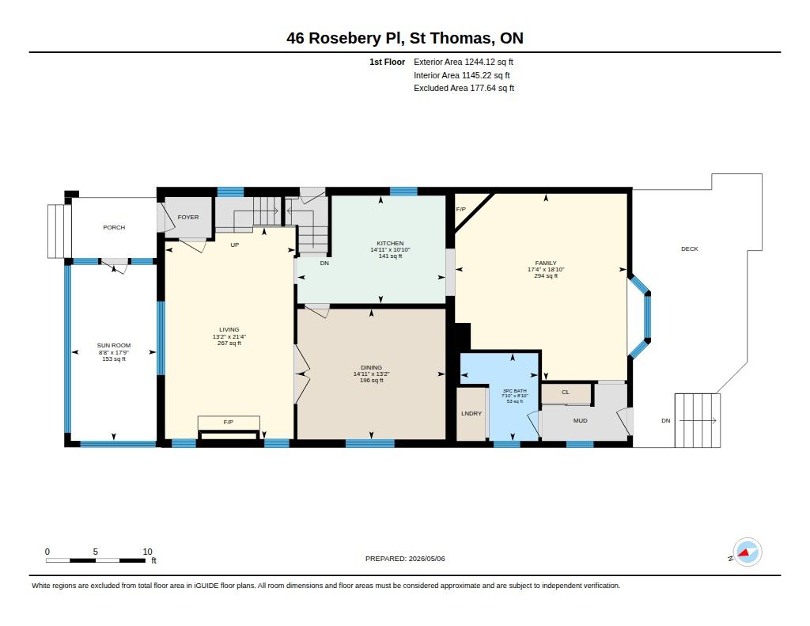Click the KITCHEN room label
click(390, 243)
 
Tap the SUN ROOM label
click(114, 345)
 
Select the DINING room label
click(372, 367)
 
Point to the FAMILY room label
click(546, 263)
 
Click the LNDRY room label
click(471, 414)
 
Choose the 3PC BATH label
click(514, 391)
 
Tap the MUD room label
click(580, 421)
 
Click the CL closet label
click(566, 392)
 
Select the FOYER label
click(188, 217)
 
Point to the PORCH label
click(114, 227)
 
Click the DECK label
click(690, 249)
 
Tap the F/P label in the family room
click(461, 210)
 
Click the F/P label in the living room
click(229, 423)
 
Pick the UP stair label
click(234, 245)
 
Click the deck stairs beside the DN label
click(698, 420)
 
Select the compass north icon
click(747, 552)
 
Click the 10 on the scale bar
click(147, 552)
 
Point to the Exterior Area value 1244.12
click(480, 62)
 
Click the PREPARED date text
click(405, 559)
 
